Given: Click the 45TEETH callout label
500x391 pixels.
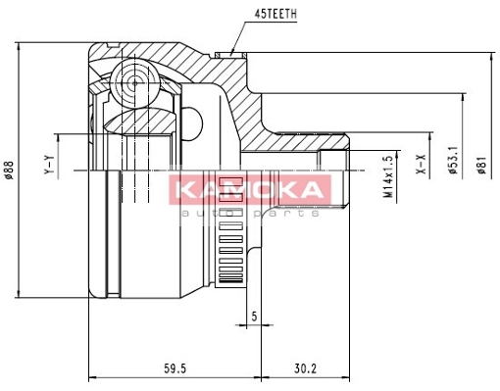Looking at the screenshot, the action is coord(275,14).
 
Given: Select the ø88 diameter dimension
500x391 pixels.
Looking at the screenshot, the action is coord(9,170).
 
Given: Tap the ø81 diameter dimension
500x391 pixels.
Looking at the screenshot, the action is coord(481,165).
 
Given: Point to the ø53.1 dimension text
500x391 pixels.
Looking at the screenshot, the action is coord(454,160).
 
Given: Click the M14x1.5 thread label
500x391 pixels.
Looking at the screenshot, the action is coord(388,176).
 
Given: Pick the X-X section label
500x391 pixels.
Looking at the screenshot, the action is coord(423,164).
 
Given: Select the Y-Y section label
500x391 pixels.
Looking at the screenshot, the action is coord(49,165).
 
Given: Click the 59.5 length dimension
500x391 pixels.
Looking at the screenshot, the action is coord(175,368).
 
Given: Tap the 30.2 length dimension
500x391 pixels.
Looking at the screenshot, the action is coord(306,368).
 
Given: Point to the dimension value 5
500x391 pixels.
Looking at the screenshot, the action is coord(254,316).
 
